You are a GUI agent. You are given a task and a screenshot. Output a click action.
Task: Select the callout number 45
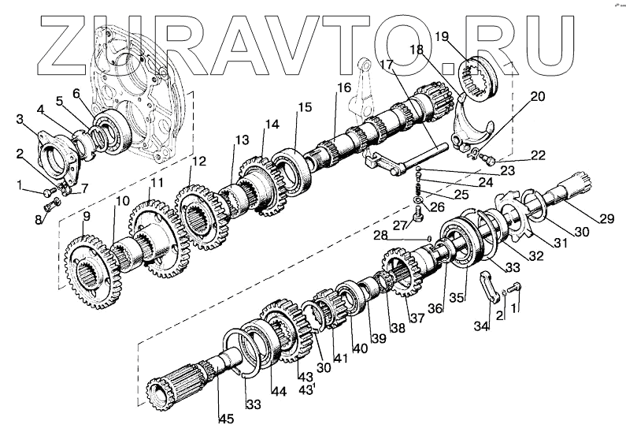pos(227,419)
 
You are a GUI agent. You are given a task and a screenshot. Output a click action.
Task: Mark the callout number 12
pos(199,162)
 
